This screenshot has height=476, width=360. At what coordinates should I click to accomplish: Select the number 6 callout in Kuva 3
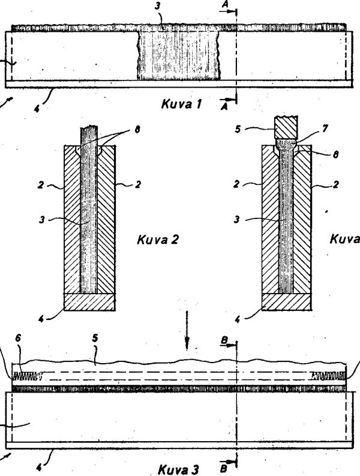(19, 355)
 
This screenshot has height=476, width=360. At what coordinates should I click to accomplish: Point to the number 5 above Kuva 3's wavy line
(95, 355)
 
